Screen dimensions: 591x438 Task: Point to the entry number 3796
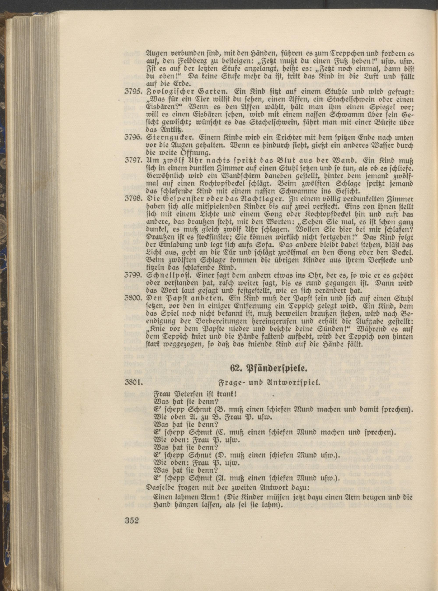click(x=134, y=138)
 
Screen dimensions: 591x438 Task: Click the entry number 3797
click(x=134, y=161)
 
